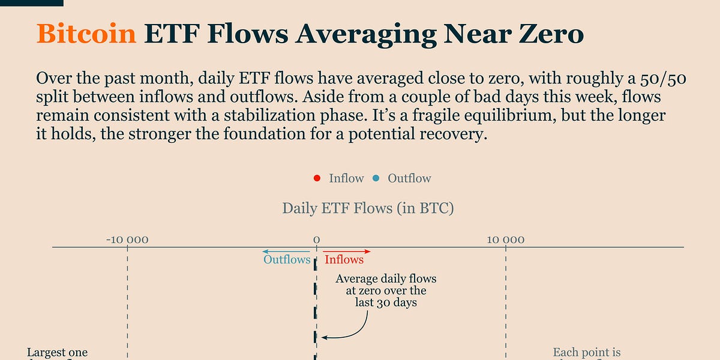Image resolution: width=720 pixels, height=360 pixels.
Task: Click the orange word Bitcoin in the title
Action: tap(86, 34)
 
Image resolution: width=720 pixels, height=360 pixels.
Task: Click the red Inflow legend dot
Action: tap(316, 178)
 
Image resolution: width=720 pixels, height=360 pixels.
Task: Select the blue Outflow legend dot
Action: tap(376, 178)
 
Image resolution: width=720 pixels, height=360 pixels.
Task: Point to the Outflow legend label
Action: tap(409, 178)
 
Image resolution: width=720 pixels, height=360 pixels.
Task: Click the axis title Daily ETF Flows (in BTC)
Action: tap(368, 209)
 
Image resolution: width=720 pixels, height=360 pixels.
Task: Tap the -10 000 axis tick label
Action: tap(127, 240)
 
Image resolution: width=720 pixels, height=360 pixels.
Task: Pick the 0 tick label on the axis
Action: tap(316, 240)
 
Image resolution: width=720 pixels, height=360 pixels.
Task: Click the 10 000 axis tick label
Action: tap(505, 240)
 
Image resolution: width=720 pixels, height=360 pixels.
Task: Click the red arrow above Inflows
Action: tap(347, 251)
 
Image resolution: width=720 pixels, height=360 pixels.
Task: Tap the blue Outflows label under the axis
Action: tap(287, 260)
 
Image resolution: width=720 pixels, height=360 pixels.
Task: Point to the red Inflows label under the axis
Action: tap(344, 260)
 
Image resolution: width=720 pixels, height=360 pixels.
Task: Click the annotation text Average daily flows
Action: tap(386, 279)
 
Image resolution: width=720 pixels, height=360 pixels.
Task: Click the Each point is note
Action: tap(586, 353)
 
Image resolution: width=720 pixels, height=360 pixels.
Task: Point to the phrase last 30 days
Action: tap(386, 303)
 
